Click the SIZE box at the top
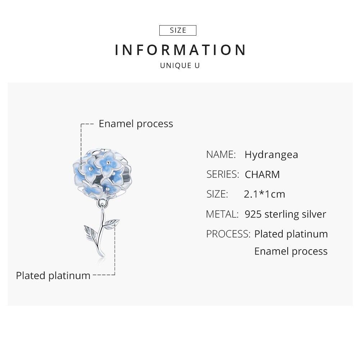coord(178,31)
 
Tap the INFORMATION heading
coord(181,50)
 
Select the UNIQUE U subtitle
coord(180,66)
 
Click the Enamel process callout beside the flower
coord(136,124)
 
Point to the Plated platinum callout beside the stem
coord(53,275)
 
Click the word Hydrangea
coord(271,155)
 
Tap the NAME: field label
coord(221,155)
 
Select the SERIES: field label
coord(223,174)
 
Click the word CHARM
coord(262,175)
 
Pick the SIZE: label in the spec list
coord(217,194)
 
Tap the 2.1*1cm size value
coord(264,194)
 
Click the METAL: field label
coord(222,214)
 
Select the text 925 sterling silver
coord(285,214)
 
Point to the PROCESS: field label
coord(228,234)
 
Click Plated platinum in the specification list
coord(291,234)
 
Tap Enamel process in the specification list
coord(291,251)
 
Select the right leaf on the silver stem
coord(113,223)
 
